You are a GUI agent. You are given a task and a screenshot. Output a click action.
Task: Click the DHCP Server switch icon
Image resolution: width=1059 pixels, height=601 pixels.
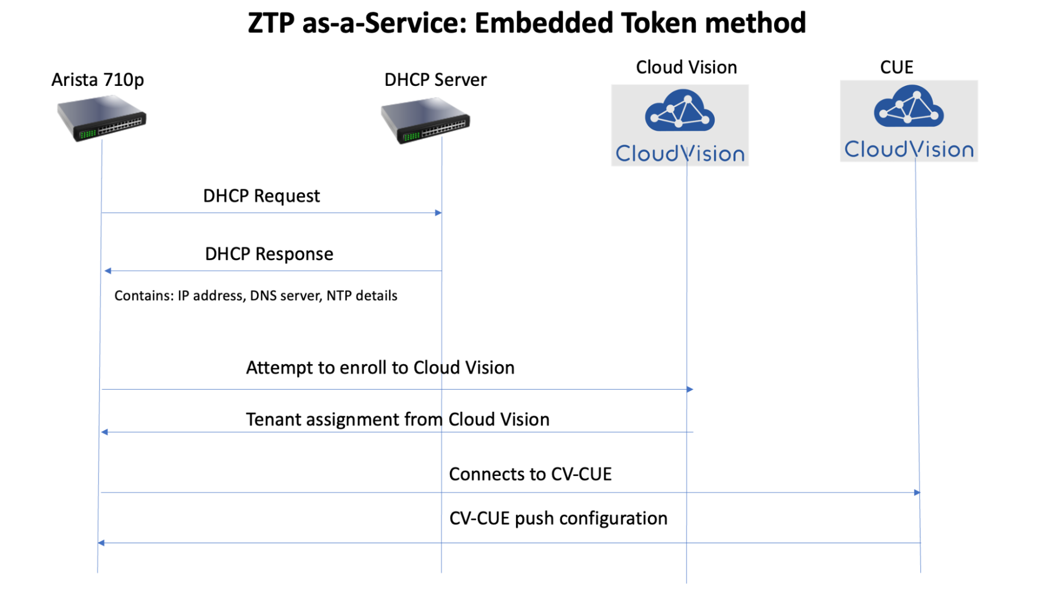425,121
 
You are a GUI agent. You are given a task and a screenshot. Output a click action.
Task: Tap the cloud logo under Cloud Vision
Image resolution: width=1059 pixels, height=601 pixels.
680,110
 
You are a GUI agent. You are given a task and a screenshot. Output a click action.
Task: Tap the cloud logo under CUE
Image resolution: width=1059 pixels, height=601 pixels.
909,107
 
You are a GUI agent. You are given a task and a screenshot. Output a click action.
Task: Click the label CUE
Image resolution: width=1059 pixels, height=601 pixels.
896,67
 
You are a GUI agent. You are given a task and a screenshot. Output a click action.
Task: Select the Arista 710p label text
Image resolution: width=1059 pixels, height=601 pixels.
97,79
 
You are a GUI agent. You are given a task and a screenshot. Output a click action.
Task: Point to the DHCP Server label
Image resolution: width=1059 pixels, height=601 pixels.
435,79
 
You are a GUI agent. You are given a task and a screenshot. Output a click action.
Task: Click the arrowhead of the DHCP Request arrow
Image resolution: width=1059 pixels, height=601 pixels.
438,213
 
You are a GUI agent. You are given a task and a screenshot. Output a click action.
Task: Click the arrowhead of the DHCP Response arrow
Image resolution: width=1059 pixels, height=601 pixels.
108,271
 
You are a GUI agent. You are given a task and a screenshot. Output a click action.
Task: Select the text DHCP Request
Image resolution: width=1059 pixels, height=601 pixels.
261,196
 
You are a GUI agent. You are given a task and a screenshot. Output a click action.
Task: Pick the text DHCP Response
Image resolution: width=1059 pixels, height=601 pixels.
269,254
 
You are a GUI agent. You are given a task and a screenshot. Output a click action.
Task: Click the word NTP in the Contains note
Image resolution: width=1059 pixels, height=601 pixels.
339,296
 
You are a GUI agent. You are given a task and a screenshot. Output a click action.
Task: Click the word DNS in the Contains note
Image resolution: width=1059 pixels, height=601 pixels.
263,296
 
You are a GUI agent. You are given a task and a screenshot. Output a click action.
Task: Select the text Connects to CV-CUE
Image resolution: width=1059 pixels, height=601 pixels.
530,474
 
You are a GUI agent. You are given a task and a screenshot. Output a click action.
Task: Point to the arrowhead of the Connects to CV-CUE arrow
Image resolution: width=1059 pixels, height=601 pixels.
917,493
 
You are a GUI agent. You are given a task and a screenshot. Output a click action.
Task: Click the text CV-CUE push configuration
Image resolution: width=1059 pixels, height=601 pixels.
558,518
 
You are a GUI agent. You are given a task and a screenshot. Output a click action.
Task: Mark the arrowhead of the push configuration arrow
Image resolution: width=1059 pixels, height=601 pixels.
101,543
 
